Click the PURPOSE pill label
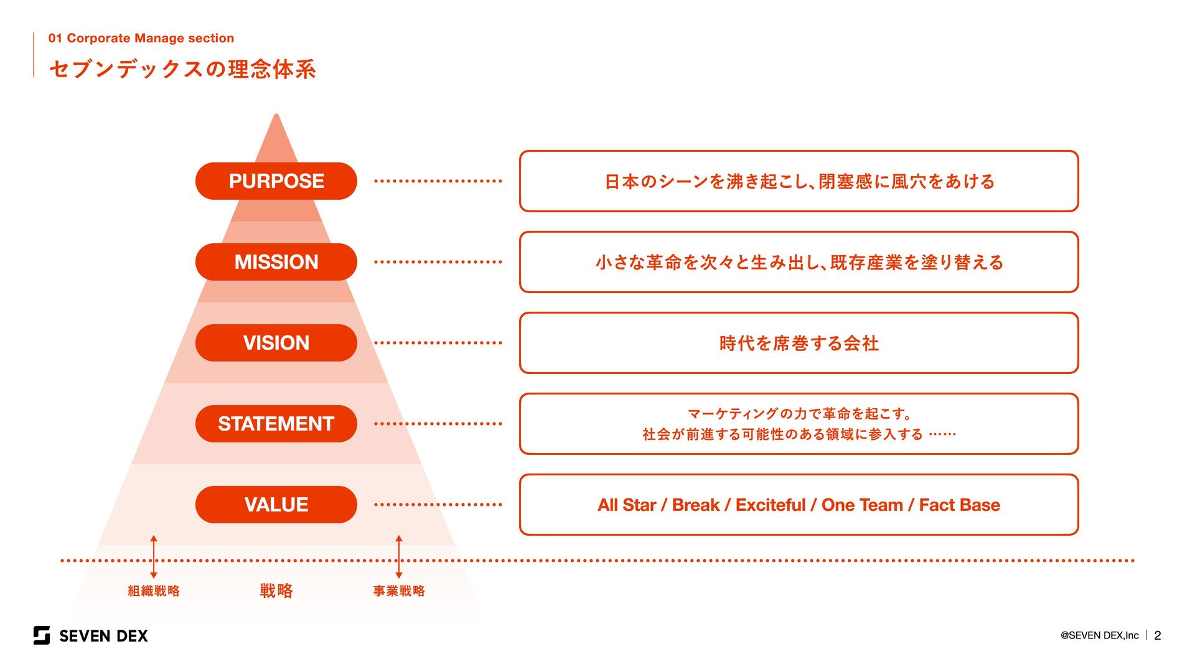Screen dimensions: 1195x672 [x=276, y=181]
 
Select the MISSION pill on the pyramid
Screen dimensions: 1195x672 [x=276, y=262]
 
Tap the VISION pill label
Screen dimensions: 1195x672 [x=276, y=343]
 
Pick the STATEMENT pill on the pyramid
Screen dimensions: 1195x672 [x=276, y=424]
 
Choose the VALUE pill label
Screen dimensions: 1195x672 [x=276, y=505]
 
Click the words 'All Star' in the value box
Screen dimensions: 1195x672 [x=626, y=505]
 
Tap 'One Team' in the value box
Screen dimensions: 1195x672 [x=862, y=505]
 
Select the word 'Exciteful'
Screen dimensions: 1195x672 [x=771, y=505]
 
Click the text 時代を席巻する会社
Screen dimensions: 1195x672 [x=799, y=343]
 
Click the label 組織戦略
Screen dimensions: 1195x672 [x=154, y=591]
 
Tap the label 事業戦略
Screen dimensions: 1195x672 [x=399, y=591]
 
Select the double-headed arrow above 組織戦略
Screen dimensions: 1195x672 [x=154, y=557]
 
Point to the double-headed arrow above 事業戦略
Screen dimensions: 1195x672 [x=399, y=557]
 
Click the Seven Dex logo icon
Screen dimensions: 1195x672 [x=42, y=635]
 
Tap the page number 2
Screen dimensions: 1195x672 [x=1158, y=635]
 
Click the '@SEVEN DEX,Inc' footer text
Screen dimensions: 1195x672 [x=1099, y=635]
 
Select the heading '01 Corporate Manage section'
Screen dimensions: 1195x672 [x=141, y=38]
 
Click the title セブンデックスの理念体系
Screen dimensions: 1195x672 [x=182, y=69]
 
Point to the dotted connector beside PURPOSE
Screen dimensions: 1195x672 [x=438, y=181]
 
